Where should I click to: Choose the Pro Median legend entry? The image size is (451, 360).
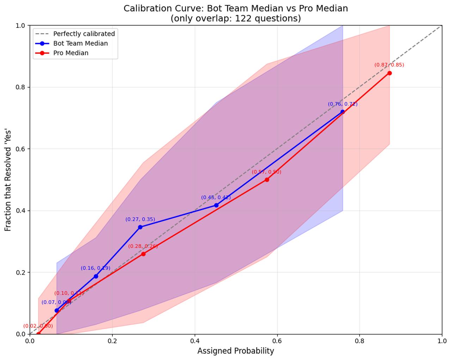(71, 53)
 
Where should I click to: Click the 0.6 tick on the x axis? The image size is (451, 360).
(277, 341)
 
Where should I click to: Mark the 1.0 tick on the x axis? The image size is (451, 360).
(442, 341)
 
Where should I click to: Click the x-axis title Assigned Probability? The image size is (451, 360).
(236, 351)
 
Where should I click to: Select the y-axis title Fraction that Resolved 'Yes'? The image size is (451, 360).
(8, 180)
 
